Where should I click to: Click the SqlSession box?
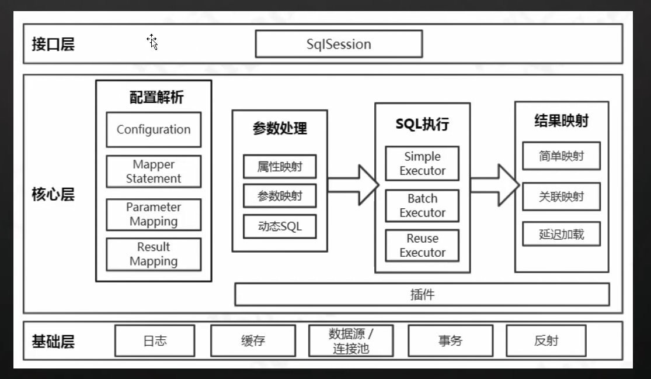339,44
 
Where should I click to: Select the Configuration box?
154,130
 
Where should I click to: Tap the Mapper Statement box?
154,171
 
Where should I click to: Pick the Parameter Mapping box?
154,214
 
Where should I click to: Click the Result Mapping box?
154,254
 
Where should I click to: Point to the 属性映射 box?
280,167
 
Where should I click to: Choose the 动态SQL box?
280,226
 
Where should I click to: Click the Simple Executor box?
422,164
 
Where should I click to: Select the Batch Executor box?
422,206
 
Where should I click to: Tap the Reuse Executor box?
422,246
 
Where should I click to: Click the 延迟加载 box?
561,234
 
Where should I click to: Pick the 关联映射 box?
561,196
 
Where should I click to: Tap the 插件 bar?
422,294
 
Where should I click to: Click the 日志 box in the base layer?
155,340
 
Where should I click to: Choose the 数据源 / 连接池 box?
351,341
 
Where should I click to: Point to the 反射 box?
546,340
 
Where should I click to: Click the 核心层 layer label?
53,194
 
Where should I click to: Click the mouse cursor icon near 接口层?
152,42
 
